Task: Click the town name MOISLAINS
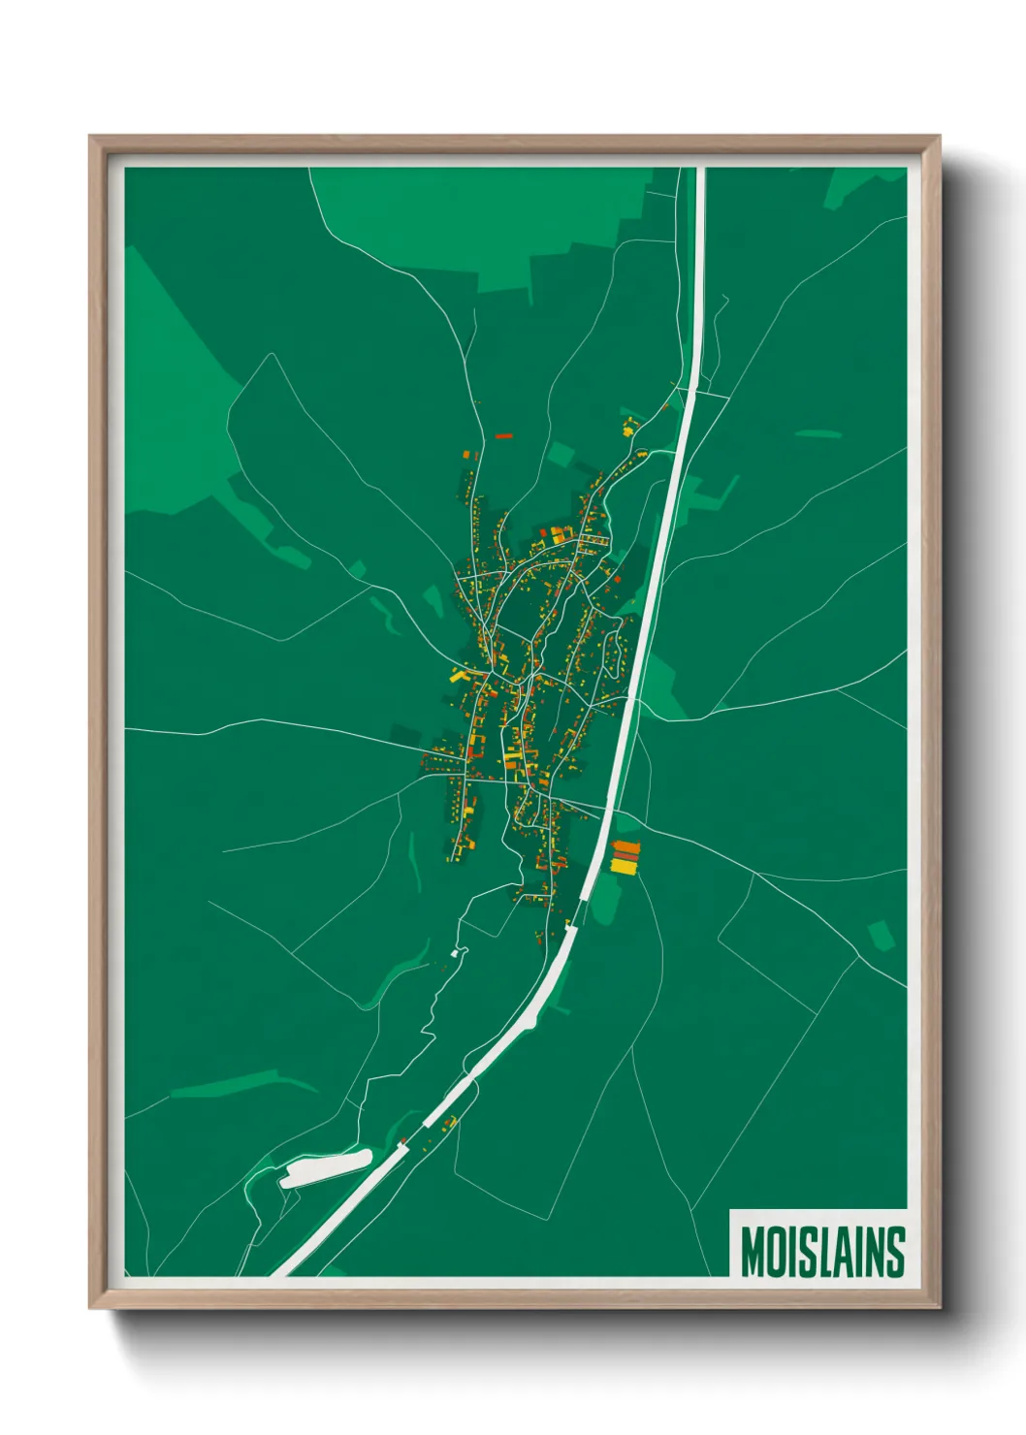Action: click(822, 1252)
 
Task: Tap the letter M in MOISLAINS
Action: click(753, 1252)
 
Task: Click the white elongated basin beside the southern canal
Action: click(326, 1168)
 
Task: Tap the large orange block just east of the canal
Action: click(626, 847)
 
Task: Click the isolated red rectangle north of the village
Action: click(503, 436)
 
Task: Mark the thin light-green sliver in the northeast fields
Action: click(818, 433)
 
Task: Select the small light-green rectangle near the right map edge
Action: click(880, 935)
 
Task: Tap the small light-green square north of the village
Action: click(561, 454)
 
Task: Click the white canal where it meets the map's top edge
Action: click(700, 172)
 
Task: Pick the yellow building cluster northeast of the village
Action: click(629, 426)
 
